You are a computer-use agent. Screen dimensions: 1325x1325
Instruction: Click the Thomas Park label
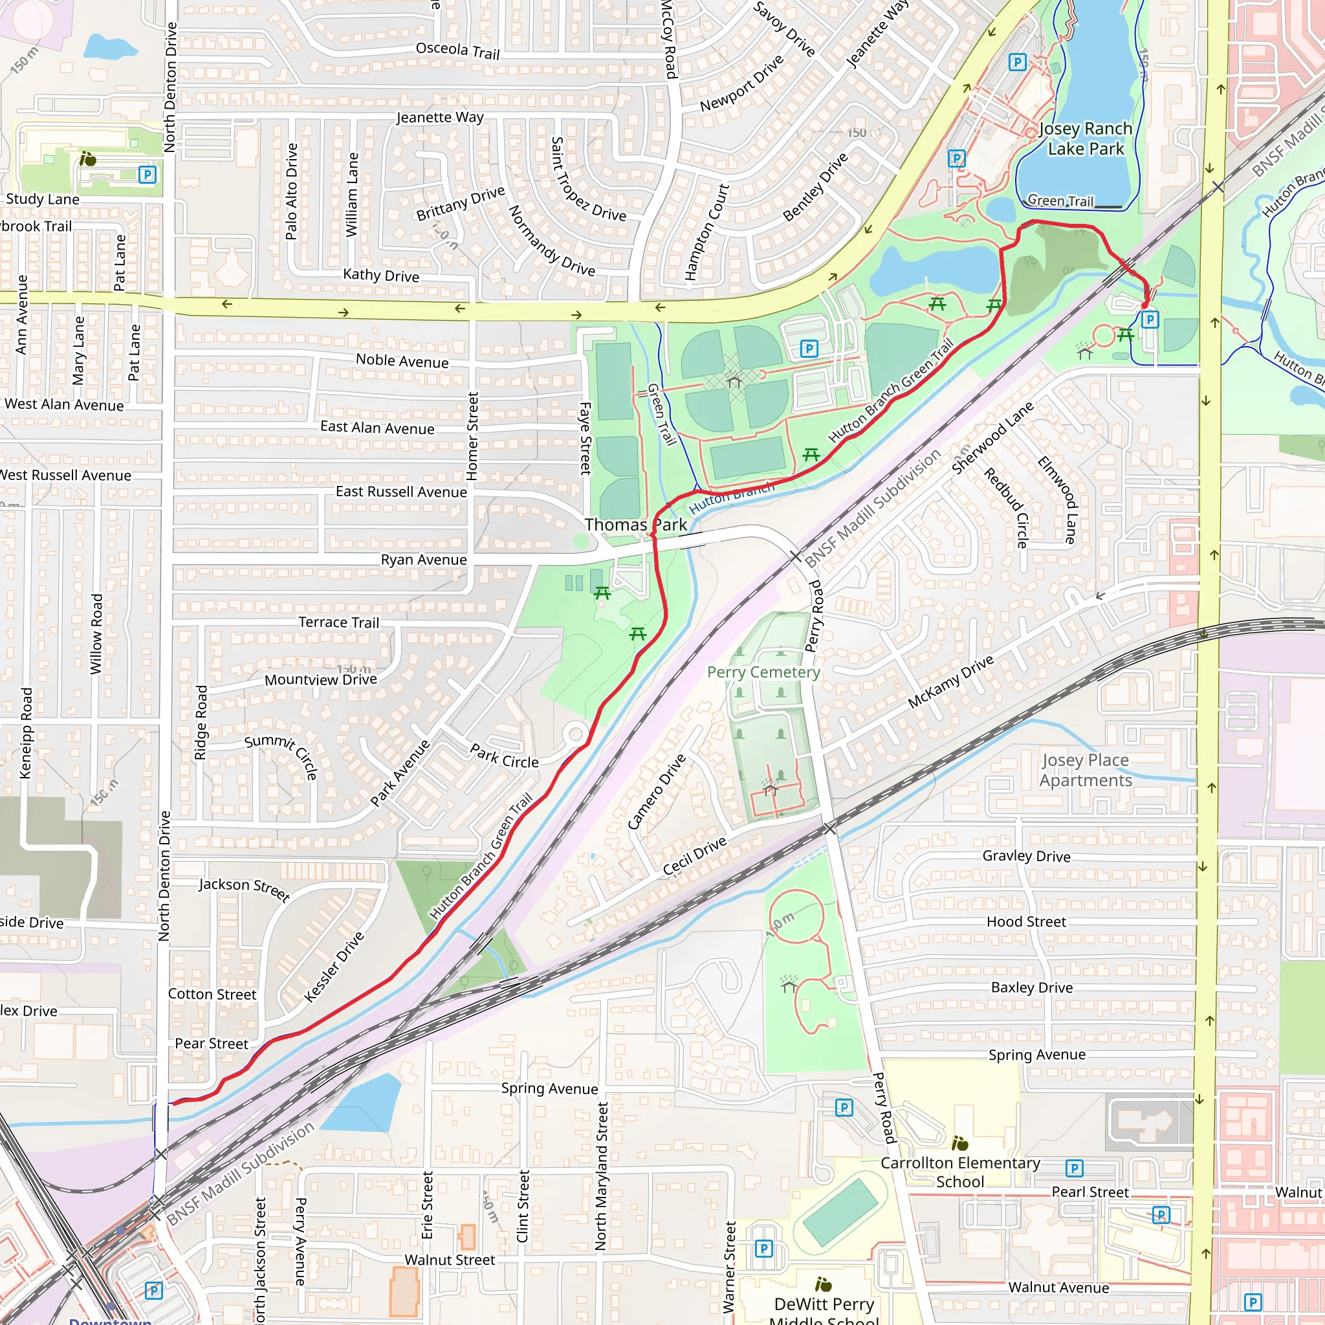pos(635,525)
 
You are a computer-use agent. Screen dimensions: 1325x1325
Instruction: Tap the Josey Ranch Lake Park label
pos(1085,138)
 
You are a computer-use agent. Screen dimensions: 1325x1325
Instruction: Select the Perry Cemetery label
pos(763,672)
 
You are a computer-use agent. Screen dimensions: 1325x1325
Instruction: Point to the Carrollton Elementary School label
pos(959,1172)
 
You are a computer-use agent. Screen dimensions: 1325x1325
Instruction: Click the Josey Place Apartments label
pos(1085,770)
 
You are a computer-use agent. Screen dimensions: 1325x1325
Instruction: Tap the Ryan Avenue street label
pos(423,560)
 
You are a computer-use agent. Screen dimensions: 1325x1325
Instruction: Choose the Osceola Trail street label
pos(457,50)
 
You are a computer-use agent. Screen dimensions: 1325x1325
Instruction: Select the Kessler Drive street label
pos(333,967)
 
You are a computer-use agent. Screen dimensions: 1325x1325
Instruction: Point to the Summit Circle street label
pos(282,755)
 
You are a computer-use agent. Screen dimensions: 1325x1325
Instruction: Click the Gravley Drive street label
pos(1026,856)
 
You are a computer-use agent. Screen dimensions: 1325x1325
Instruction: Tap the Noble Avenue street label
pos(402,361)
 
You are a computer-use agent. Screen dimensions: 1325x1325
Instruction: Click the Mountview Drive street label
pos(320,680)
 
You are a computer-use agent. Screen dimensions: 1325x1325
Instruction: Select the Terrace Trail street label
pos(338,622)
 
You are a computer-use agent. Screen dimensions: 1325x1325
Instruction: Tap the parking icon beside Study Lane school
pos(147,174)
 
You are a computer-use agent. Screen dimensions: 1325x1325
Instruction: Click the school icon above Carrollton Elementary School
pos(959,1143)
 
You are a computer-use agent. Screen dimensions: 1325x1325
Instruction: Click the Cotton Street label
pos(212,994)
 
